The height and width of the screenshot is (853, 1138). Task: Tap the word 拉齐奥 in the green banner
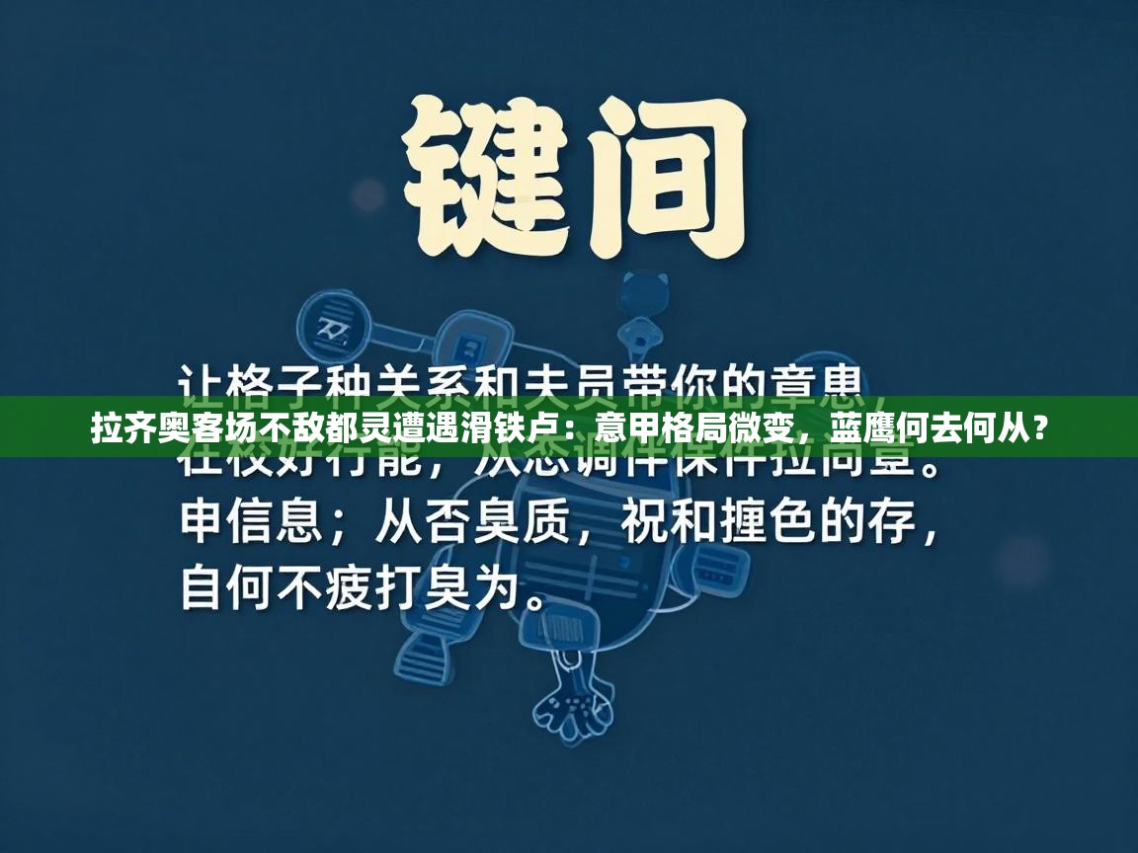click(133, 429)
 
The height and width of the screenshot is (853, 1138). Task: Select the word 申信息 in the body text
click(252, 523)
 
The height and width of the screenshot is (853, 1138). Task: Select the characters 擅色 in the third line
click(765, 523)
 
